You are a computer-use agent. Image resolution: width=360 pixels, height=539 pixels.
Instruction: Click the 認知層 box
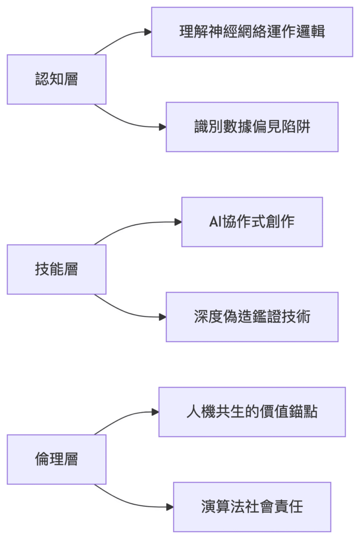coord(56,79)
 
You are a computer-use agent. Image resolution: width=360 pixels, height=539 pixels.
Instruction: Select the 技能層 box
coord(56,269)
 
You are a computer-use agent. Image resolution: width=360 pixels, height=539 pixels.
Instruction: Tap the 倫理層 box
coord(56,460)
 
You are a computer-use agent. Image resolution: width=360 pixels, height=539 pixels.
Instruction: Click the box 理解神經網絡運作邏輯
coord(252,32)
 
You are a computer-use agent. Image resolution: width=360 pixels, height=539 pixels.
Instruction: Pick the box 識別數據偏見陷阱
coord(252,127)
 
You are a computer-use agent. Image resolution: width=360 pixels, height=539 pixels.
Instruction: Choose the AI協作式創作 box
coord(252,222)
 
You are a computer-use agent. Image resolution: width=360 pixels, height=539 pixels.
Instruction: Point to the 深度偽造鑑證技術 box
coord(252,317)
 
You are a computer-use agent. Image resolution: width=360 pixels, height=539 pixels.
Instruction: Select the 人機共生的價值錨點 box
coord(252,412)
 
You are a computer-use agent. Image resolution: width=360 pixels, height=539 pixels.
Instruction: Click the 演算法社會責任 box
coord(252,507)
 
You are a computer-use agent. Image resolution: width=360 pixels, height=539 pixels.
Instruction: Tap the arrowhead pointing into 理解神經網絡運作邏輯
coord(148,32)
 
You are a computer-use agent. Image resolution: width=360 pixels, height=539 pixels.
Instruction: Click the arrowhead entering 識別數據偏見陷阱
coord(163,127)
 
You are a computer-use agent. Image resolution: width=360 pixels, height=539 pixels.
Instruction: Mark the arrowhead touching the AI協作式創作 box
coord(178,222)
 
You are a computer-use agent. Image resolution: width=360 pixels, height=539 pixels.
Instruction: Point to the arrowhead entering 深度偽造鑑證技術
coord(163,317)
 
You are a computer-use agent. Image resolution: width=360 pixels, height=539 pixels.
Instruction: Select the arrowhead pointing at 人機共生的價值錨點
coord(155,412)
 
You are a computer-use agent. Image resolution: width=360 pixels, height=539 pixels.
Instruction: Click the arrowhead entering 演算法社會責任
coord(170,507)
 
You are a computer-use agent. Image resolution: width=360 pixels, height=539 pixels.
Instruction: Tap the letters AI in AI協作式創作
coord(215,222)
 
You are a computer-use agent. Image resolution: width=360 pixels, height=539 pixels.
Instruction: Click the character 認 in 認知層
coord(42,79)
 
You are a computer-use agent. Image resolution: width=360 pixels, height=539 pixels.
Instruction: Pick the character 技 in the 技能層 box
coord(42,269)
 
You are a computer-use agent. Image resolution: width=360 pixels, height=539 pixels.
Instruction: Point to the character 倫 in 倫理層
coord(42,460)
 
